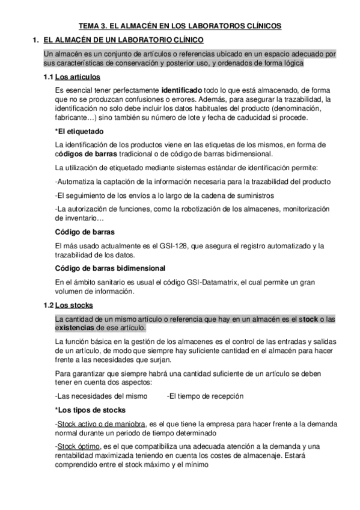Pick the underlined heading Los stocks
coord(77,305)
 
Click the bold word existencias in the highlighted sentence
coord(74,328)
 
